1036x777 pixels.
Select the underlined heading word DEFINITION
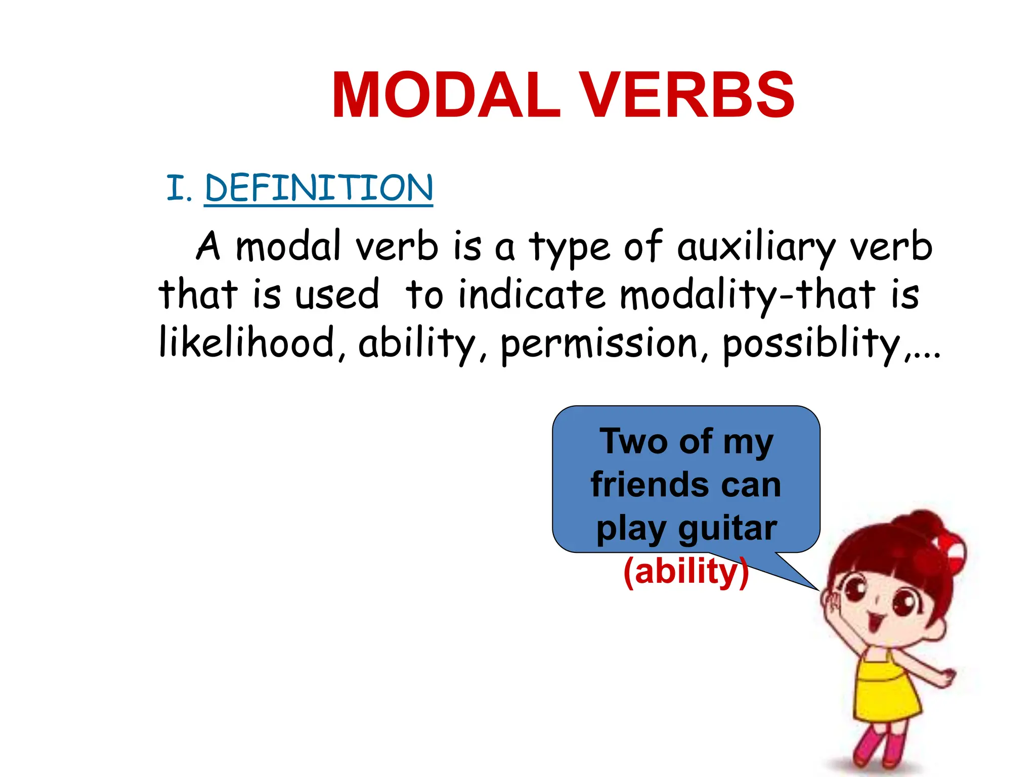tap(319, 188)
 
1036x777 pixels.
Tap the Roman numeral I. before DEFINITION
tap(179, 188)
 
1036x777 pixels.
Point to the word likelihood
tap(247, 343)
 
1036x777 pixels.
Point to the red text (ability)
tap(685, 572)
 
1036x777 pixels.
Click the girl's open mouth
tap(874, 621)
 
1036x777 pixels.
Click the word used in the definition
tap(337, 295)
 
